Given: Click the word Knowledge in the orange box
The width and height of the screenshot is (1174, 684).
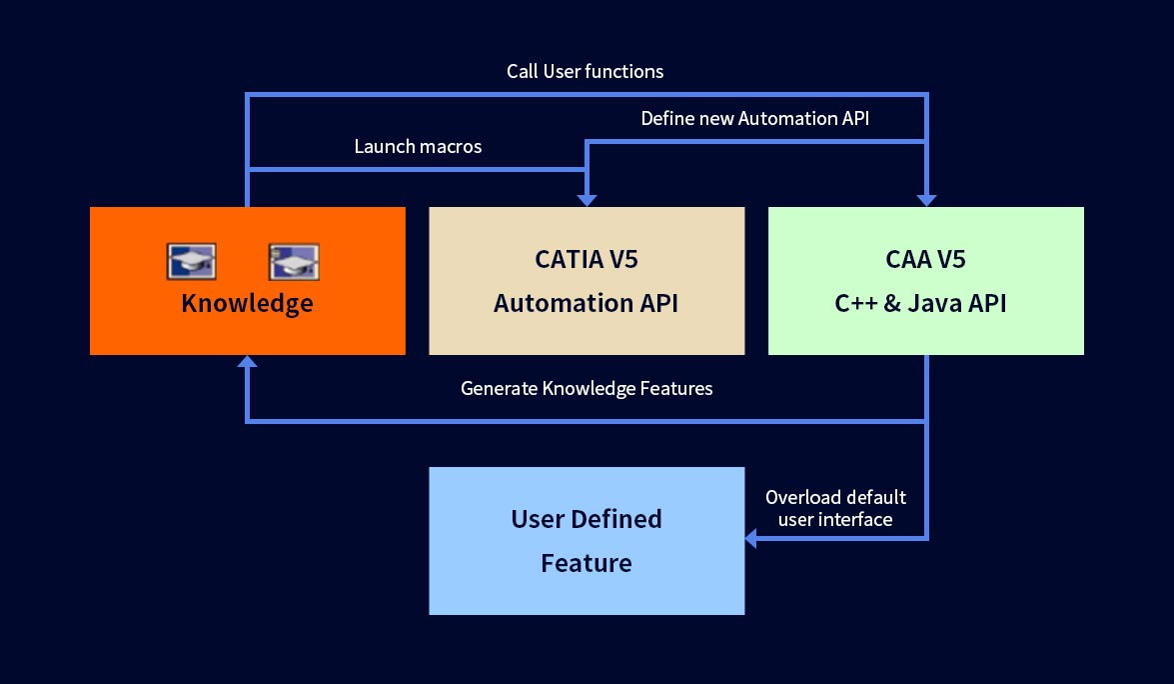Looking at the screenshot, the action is pos(247,303).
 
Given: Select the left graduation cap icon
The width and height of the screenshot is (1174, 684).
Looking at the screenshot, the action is pos(192,261).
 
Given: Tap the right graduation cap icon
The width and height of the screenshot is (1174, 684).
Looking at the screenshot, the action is pos(294,261).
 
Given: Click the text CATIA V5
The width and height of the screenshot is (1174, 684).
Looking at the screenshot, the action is pos(587,259).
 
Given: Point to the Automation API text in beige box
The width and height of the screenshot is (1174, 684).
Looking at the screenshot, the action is pos(587,303).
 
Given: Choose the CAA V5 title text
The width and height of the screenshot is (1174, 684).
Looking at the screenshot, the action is pos(925,259).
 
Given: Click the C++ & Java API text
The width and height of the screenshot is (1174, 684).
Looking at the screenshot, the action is pos(921,303).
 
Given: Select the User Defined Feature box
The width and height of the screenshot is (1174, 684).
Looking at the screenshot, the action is pos(587,541).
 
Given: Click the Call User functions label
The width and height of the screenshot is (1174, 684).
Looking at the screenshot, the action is pos(585,71).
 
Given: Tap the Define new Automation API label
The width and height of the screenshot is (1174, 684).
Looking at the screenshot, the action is pos(754,118).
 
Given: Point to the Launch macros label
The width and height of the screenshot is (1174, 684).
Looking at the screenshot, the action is pos(418,146).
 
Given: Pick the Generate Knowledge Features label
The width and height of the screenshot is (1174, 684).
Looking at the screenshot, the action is pos(587,388).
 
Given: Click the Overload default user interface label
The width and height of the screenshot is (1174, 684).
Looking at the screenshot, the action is pos(835,508).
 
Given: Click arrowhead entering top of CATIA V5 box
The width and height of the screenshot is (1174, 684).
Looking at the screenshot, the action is pos(587,200).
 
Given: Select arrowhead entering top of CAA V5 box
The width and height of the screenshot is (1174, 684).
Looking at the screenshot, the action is pos(927,200).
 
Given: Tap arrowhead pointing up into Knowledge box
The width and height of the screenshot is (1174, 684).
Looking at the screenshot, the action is pos(247,361).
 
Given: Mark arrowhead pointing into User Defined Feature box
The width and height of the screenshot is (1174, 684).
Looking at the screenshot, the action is pos(751,538).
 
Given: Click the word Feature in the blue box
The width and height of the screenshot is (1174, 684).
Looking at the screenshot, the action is pos(587,563).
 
